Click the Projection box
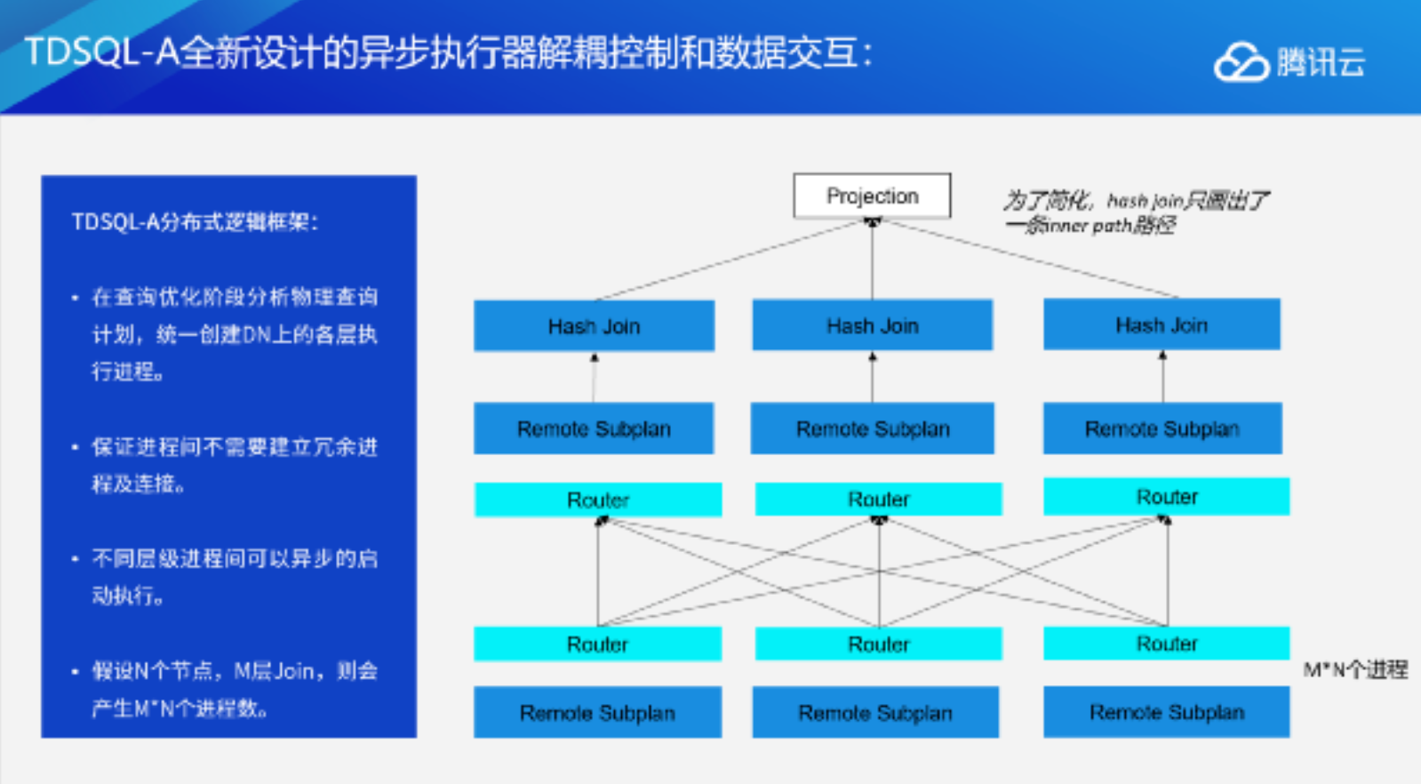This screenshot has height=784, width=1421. pos(872,196)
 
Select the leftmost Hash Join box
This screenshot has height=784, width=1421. pos(594,326)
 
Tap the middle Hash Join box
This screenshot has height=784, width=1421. pos(872,325)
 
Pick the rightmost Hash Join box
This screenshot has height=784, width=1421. pos(1162,324)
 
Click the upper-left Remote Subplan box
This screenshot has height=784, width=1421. pos(594,428)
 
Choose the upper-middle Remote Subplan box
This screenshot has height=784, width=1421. pos(872,428)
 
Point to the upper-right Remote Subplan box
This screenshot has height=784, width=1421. pos(1162,428)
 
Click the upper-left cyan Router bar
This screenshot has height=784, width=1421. pos(598,500)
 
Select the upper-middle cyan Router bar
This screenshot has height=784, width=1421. pos(878,499)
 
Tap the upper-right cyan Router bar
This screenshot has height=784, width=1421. pos(1166,496)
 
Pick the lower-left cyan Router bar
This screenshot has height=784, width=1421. pos(597,644)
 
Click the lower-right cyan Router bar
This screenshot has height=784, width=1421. pos(1166,643)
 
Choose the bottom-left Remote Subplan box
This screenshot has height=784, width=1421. pos(597,712)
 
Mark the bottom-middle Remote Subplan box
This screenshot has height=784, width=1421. pos(875,712)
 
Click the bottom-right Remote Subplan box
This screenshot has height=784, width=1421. pos(1166,711)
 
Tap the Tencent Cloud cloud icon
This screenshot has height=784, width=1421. pos(1241,62)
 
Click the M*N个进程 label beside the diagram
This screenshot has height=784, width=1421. pos(1355,669)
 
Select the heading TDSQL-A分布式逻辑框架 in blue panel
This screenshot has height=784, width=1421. pos(195,221)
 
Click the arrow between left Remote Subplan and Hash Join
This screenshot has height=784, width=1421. pos(594,378)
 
